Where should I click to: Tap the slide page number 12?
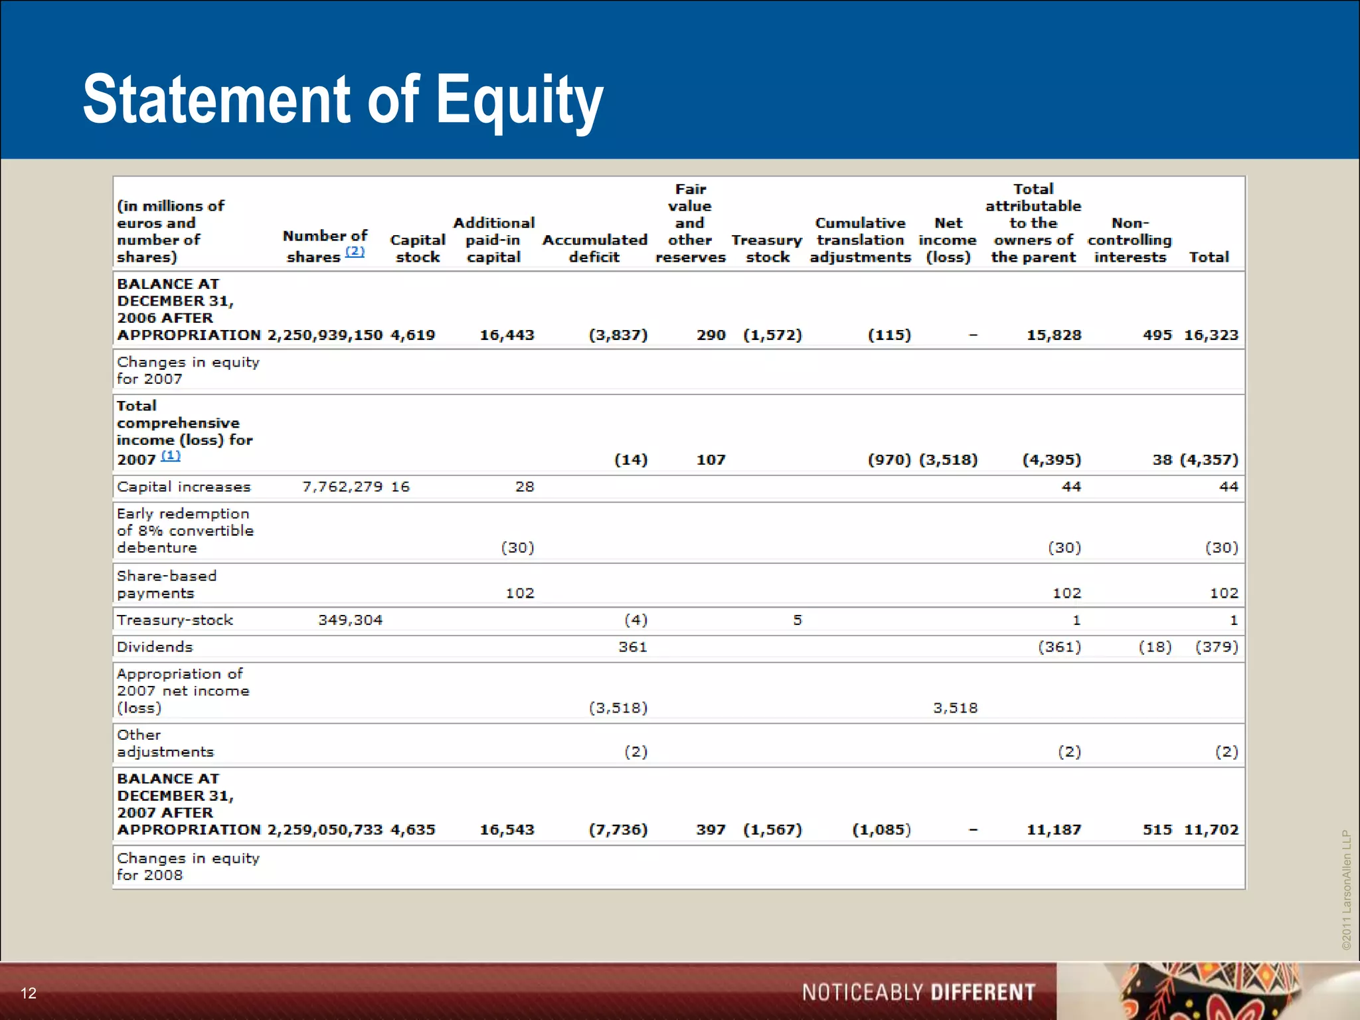click(x=29, y=993)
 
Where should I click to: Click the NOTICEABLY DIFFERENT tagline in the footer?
click(x=918, y=992)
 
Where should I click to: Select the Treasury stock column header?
click(x=767, y=248)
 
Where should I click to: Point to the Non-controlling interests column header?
click(x=1130, y=240)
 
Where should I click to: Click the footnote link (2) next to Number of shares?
click(x=355, y=252)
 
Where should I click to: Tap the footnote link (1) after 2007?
click(x=171, y=456)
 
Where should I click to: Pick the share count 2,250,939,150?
click(x=325, y=335)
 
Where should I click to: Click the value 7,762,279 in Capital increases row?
click(x=343, y=487)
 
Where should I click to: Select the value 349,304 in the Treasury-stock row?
click(x=351, y=620)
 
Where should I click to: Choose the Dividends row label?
click(x=155, y=647)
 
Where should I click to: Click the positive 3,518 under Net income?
click(x=955, y=708)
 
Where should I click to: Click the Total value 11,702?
click(x=1211, y=829)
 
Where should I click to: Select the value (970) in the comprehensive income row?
click(x=889, y=460)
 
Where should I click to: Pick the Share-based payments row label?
click(x=166, y=584)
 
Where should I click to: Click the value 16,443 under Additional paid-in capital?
click(x=507, y=335)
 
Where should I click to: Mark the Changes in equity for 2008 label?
click(x=188, y=867)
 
